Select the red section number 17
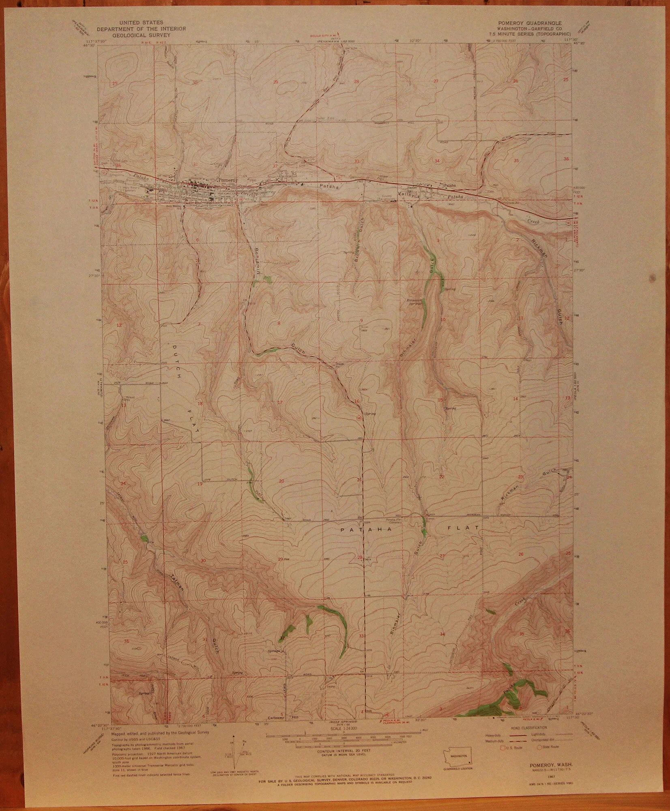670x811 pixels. [x=279, y=402]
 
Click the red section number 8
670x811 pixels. [x=279, y=323]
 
